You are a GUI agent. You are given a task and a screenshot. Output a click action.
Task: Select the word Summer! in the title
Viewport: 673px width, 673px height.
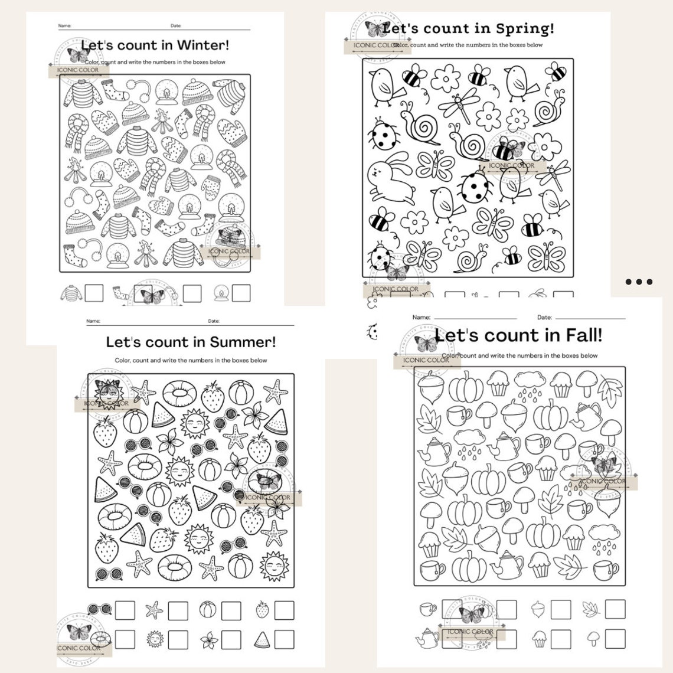click(249, 342)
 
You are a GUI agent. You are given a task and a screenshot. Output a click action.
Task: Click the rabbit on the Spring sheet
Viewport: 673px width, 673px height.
click(390, 175)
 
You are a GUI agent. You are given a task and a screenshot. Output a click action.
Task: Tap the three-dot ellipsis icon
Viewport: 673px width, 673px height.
click(639, 282)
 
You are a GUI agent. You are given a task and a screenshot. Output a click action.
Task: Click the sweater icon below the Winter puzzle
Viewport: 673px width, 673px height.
click(71, 293)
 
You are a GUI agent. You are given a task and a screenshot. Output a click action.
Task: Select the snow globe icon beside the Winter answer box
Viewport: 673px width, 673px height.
click(221, 292)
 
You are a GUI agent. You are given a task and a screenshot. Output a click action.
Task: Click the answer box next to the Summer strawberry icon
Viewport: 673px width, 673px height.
click(284, 610)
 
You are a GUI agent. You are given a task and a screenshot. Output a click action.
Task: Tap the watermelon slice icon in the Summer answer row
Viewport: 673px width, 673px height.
click(262, 639)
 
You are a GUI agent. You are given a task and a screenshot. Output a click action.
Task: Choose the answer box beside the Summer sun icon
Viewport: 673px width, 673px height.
click(178, 639)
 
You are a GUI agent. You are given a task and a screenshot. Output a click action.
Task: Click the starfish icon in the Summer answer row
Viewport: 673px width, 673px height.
click(154, 610)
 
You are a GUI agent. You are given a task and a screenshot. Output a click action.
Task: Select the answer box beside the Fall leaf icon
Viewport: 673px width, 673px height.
click(615, 609)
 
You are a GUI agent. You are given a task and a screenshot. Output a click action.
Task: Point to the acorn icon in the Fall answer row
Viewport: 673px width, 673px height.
click(538, 609)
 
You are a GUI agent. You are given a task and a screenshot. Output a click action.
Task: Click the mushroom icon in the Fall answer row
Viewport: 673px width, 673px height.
click(593, 638)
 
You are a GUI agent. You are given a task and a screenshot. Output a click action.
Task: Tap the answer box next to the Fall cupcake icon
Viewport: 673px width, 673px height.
click(560, 638)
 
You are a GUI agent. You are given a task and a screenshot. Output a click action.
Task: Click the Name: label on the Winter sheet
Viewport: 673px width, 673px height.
click(64, 26)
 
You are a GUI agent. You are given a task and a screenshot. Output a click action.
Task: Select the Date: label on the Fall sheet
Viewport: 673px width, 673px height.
click(544, 318)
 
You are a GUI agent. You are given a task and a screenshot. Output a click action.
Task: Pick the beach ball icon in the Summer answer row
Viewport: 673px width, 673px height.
click(207, 609)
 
